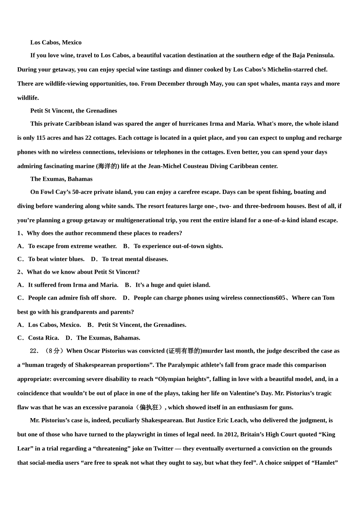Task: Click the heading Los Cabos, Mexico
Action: point(56,42)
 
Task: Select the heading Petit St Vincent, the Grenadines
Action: point(74,111)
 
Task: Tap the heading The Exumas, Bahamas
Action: point(61,179)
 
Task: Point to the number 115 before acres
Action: point(41,138)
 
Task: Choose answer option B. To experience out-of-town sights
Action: point(173,246)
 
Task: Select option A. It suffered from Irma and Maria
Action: point(68,285)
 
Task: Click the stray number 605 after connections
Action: point(280,298)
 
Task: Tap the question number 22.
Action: point(34,351)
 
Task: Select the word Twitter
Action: point(163,449)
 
